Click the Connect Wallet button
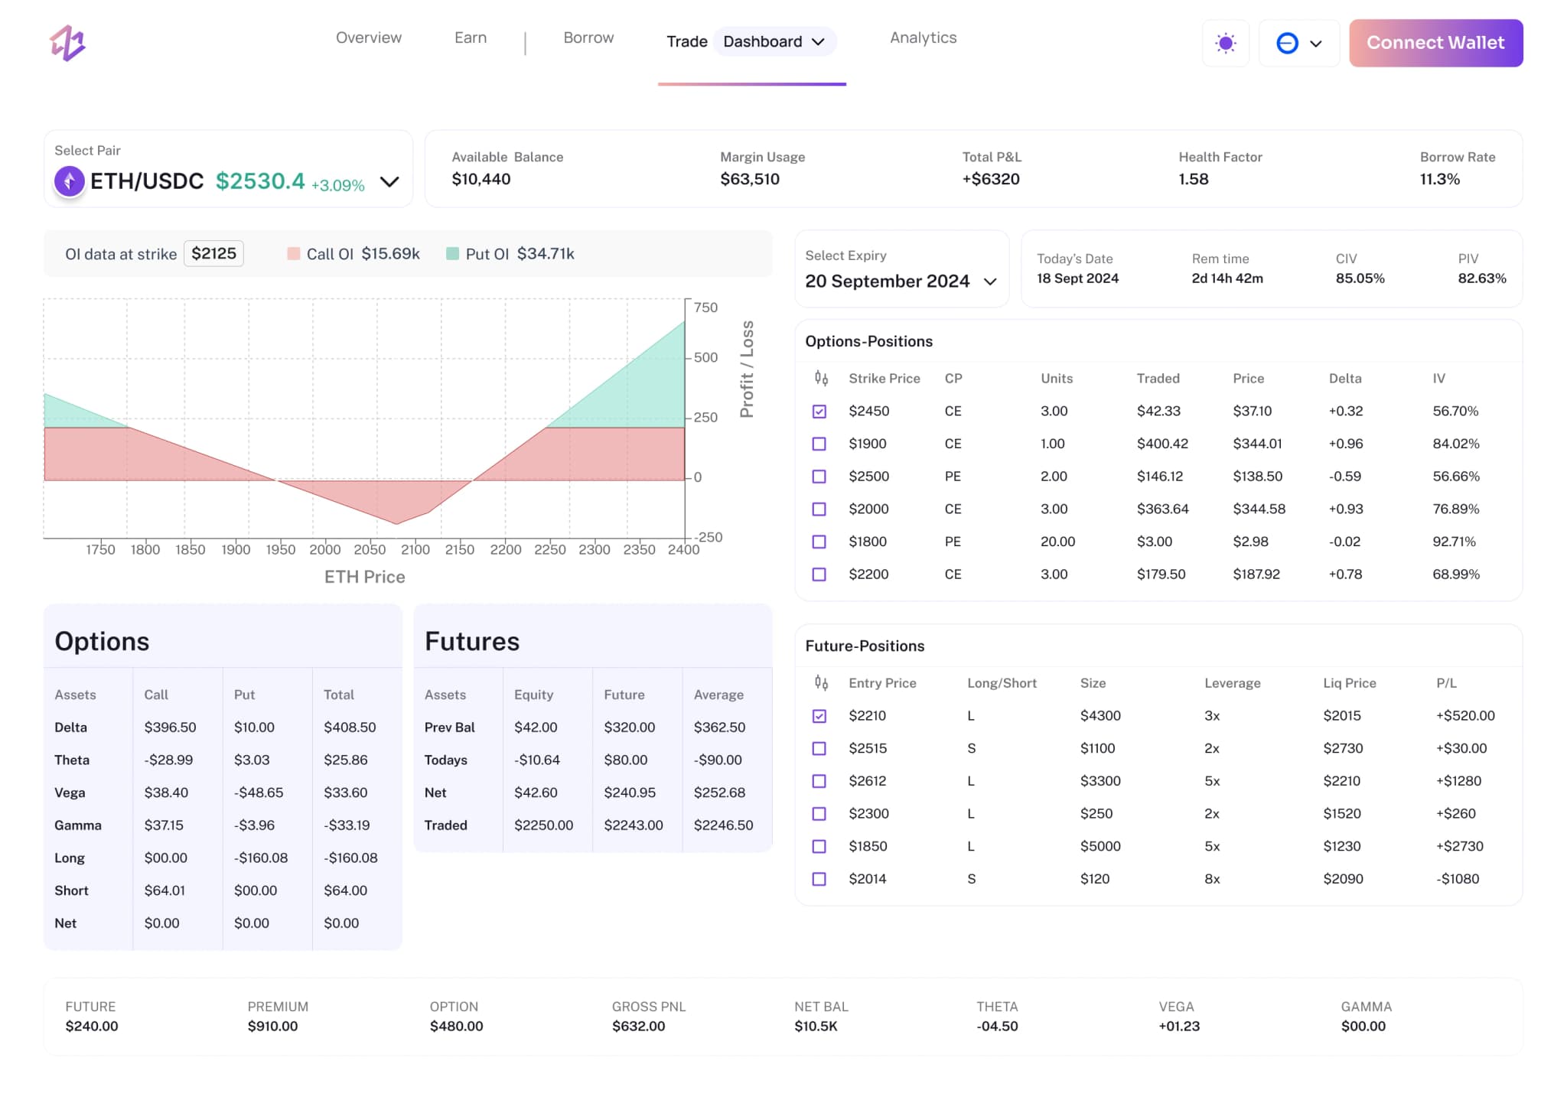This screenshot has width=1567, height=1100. (1435, 43)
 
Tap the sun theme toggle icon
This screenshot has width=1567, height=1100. (1225, 43)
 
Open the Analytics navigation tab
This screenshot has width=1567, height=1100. (923, 37)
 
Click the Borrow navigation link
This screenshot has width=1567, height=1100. (588, 37)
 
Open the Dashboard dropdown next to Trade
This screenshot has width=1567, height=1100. (774, 41)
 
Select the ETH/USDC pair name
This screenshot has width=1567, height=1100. (147, 181)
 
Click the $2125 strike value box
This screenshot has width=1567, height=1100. (213, 253)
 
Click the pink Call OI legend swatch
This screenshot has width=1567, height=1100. (293, 253)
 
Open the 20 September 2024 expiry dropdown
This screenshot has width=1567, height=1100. (901, 281)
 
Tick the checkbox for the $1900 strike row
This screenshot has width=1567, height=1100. (819, 444)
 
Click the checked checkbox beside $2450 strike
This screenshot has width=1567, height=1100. (819, 412)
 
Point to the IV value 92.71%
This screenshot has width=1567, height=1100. (1453, 542)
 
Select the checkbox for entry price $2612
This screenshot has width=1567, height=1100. (819, 781)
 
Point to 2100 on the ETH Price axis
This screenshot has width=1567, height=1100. (415, 549)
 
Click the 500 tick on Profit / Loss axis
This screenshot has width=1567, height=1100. (705, 357)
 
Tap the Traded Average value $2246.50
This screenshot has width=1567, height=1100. (722, 825)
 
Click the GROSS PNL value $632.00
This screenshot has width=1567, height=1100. (638, 1026)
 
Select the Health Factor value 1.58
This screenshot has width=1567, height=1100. (1193, 179)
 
